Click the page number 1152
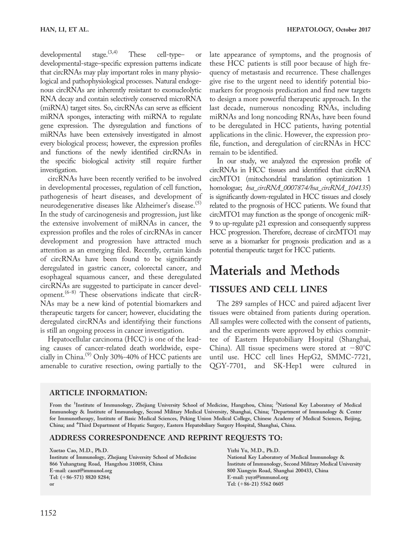[48, 513]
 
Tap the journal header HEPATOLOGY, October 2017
[328, 29]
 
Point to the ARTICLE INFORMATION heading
[98, 393]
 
